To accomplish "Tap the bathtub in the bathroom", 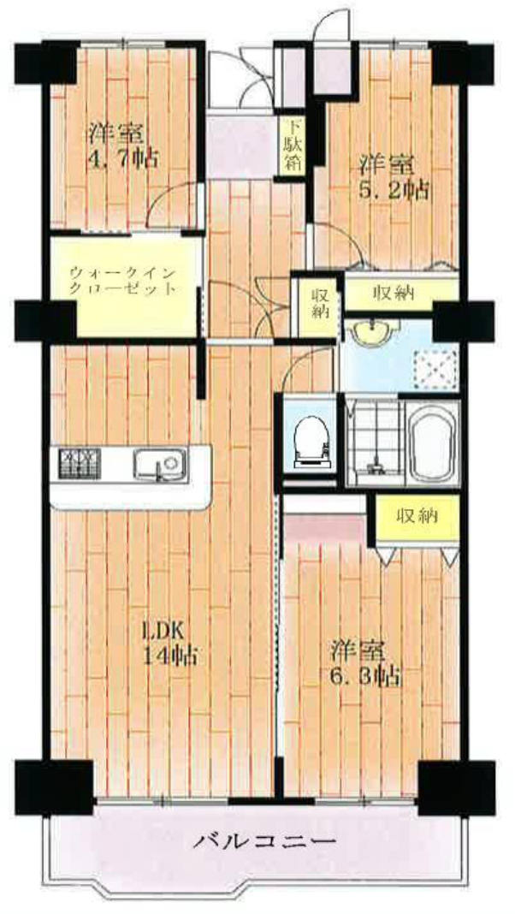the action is [430, 442].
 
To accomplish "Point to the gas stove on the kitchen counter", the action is [79, 464].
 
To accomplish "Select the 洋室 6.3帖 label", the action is [365, 663].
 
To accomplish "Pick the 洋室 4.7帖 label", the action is [122, 145].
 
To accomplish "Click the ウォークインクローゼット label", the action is [122, 281].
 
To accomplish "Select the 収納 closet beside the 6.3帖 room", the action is [417, 516].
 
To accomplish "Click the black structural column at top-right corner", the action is [462, 63].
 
